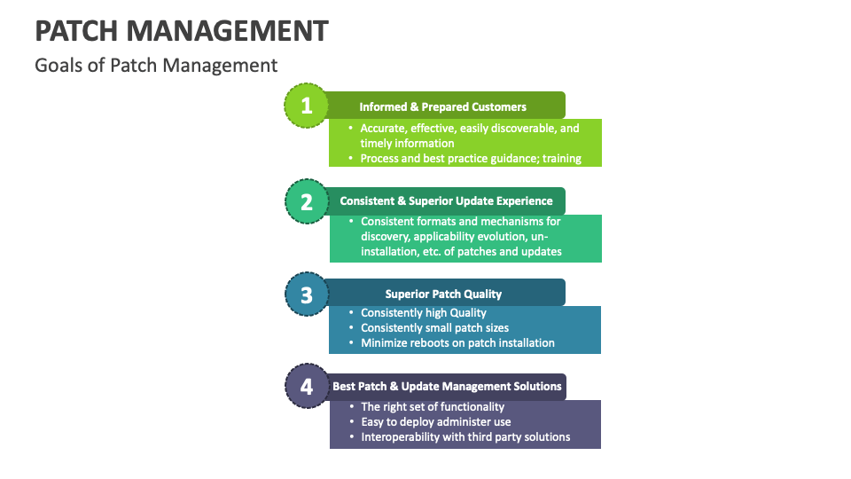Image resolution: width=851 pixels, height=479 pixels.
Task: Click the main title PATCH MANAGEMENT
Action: click(182, 30)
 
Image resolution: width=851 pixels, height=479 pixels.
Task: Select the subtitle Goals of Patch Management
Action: click(156, 66)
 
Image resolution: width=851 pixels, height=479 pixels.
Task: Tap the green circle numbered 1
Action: click(307, 106)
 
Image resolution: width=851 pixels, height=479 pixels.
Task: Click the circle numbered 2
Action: click(307, 201)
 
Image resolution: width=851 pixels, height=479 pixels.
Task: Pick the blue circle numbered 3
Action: click(307, 294)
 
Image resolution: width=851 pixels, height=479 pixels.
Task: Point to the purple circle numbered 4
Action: click(307, 387)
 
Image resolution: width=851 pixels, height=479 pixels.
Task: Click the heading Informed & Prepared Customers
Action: click(442, 106)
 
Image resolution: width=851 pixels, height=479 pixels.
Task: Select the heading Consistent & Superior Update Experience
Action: click(446, 201)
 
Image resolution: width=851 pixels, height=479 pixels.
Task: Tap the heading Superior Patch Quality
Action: click(443, 294)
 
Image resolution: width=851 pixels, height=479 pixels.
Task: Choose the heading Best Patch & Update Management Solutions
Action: click(447, 387)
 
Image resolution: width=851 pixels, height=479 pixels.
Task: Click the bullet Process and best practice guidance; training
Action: click(470, 159)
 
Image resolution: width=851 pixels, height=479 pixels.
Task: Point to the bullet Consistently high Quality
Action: click(423, 312)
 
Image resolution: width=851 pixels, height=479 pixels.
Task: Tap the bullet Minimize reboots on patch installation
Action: click(457, 343)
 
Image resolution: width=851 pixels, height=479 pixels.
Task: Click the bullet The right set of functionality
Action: click(433, 407)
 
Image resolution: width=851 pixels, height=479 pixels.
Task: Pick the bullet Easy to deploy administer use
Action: click(435, 422)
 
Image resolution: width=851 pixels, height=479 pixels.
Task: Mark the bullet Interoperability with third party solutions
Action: click(465, 437)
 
